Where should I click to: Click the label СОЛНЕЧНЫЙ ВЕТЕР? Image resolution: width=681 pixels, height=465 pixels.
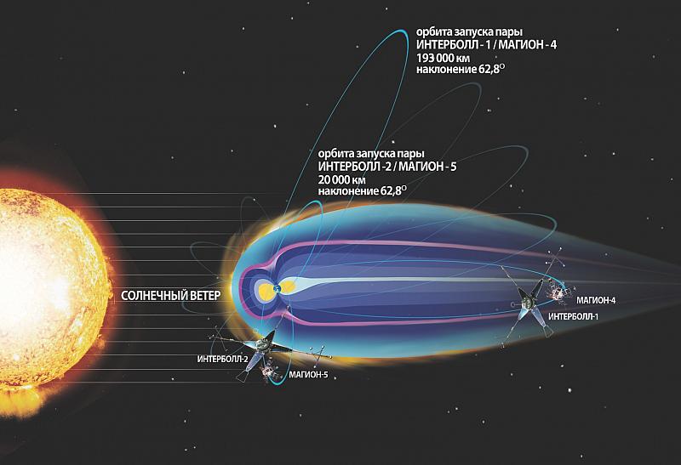[x=171, y=296]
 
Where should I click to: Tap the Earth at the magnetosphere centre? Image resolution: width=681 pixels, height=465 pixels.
[x=278, y=288]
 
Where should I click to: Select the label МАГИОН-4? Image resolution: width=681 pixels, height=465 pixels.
[x=596, y=300]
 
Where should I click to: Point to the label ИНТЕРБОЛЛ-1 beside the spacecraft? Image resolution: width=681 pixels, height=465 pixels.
[x=573, y=316]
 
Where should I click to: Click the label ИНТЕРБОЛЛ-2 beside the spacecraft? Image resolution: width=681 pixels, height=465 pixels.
[x=222, y=359]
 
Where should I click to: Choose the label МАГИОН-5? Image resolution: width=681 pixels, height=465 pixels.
[x=308, y=375]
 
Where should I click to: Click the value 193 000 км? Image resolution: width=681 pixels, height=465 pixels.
[x=443, y=58]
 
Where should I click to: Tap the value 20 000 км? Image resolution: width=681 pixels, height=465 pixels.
[x=342, y=179]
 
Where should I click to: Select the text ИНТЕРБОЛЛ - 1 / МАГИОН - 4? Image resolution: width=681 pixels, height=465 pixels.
[x=486, y=45]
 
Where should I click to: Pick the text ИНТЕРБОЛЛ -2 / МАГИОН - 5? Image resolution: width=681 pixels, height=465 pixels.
[x=387, y=167]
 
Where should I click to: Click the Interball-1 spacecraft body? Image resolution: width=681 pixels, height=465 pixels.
[x=529, y=303]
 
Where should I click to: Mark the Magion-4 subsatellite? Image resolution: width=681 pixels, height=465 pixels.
[x=558, y=294]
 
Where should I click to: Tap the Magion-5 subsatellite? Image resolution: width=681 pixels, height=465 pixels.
[x=270, y=371]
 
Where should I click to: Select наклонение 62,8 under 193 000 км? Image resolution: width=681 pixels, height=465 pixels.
[x=461, y=70]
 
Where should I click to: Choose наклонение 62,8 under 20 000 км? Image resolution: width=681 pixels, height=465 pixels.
[x=363, y=191]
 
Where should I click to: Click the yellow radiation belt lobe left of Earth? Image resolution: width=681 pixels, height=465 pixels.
[x=266, y=290]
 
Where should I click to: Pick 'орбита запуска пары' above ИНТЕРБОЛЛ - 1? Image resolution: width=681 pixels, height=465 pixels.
[x=470, y=32]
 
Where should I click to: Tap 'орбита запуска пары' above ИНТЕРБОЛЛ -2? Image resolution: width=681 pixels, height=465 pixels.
[x=371, y=154]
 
